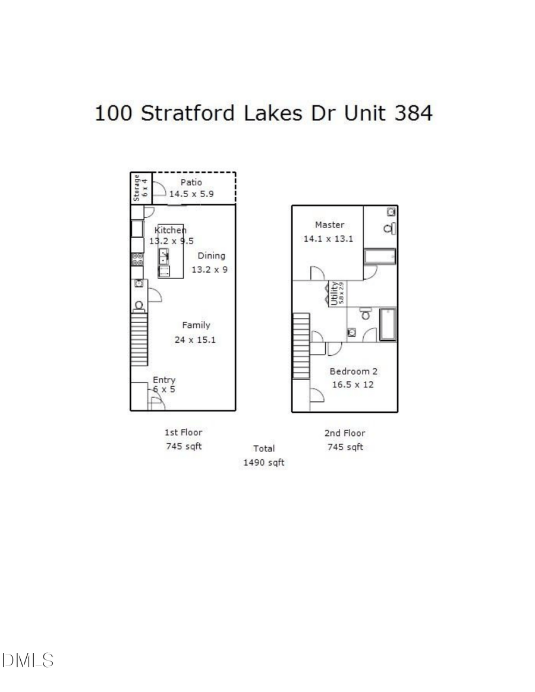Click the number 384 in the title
click(413, 113)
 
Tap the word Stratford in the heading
click(187, 113)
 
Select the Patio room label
click(191, 182)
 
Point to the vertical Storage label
click(137, 187)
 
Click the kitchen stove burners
click(137, 259)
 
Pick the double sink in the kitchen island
click(163, 257)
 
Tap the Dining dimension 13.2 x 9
click(209, 269)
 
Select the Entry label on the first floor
click(164, 380)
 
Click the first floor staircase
click(139, 339)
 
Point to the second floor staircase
click(301, 346)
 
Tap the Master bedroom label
click(329, 225)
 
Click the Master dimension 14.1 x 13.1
click(329, 239)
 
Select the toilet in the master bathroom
click(390, 229)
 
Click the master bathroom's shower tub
click(380, 257)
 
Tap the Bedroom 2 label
click(354, 371)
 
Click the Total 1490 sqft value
click(264, 462)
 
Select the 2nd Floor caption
click(345, 433)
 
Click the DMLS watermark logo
click(28, 660)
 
